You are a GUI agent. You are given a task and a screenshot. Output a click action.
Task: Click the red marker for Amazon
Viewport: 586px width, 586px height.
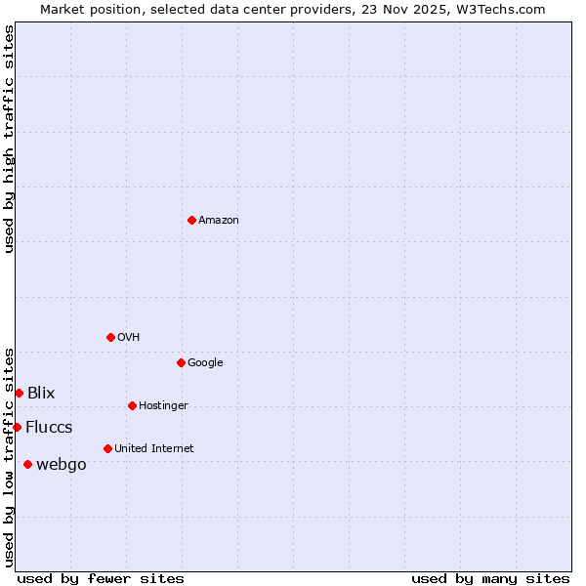(191, 220)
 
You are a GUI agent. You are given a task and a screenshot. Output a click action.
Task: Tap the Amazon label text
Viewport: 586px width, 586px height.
(219, 221)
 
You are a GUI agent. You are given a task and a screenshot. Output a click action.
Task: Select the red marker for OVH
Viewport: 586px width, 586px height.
(110, 337)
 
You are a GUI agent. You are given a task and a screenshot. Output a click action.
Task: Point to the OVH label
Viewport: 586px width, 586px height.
(128, 338)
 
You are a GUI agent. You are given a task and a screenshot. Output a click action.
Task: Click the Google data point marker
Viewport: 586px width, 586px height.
(181, 362)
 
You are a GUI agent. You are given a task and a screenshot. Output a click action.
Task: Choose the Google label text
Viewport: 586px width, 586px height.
(205, 363)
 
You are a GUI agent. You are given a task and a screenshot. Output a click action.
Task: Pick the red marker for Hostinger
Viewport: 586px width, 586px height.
(132, 405)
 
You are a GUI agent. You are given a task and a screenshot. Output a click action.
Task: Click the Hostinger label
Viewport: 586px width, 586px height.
(163, 406)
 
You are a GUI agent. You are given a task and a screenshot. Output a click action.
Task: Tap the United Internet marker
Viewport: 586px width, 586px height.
(107, 448)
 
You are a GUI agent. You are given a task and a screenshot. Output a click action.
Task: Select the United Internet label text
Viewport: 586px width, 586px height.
(153, 449)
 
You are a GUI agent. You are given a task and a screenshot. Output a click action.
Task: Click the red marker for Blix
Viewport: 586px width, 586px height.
(19, 393)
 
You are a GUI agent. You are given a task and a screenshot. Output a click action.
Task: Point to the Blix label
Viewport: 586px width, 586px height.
(41, 394)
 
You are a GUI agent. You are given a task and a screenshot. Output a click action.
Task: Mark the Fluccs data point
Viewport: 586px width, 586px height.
(17, 427)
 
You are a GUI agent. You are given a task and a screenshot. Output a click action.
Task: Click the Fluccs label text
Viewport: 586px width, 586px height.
(49, 428)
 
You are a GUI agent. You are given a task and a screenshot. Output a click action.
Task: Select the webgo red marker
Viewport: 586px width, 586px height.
(27, 464)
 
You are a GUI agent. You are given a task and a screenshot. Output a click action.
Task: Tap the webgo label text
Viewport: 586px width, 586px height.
(61, 465)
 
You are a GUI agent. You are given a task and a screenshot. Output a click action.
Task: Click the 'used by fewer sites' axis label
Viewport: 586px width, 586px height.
(101, 578)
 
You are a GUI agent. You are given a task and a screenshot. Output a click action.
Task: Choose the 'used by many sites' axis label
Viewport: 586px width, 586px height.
(490, 578)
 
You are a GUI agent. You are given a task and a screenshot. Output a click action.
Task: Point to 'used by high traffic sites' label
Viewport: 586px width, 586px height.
(10, 139)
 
